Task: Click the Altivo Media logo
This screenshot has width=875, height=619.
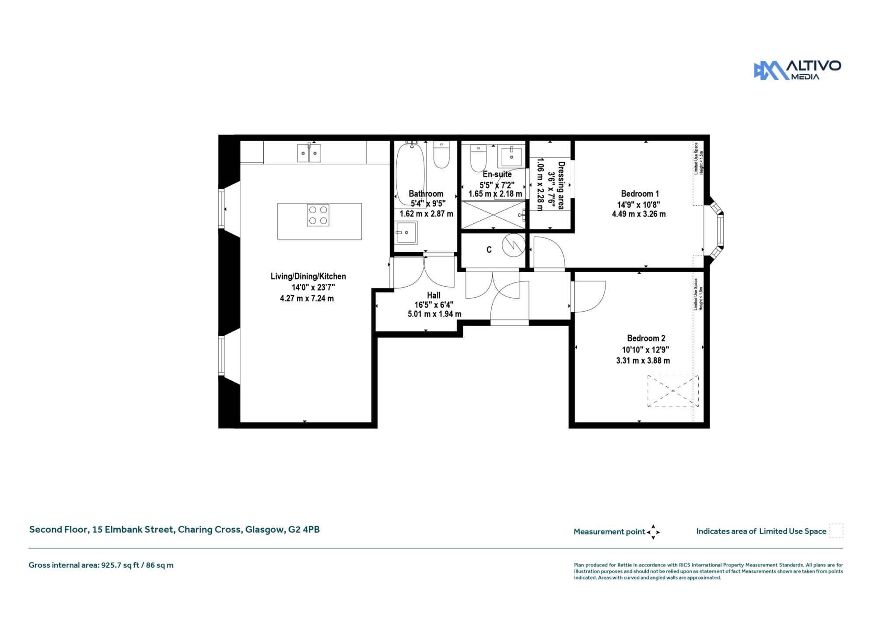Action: tap(797, 70)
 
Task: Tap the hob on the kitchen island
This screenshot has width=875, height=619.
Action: tap(318, 215)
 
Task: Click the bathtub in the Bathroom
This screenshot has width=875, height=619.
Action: tap(410, 174)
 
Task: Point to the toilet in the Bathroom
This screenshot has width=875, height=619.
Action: tap(441, 155)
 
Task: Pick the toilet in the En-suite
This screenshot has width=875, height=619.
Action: tap(478, 158)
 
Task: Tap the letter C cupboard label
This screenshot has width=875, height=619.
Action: tap(489, 250)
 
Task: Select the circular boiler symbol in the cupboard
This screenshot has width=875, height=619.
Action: tap(513, 245)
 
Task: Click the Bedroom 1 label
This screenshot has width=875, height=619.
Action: tap(640, 193)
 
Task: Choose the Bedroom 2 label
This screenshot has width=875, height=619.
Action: tap(646, 338)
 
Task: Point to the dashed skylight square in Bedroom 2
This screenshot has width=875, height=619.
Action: tap(673, 391)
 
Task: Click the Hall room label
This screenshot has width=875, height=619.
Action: tap(434, 295)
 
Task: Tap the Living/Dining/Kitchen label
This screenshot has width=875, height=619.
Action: tap(308, 276)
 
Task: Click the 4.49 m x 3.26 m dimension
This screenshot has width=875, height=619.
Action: tap(639, 214)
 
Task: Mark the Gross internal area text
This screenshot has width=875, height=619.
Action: tap(101, 565)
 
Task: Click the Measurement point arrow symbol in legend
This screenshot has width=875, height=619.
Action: tap(653, 532)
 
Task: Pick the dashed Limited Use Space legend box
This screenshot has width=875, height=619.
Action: tap(836, 531)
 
